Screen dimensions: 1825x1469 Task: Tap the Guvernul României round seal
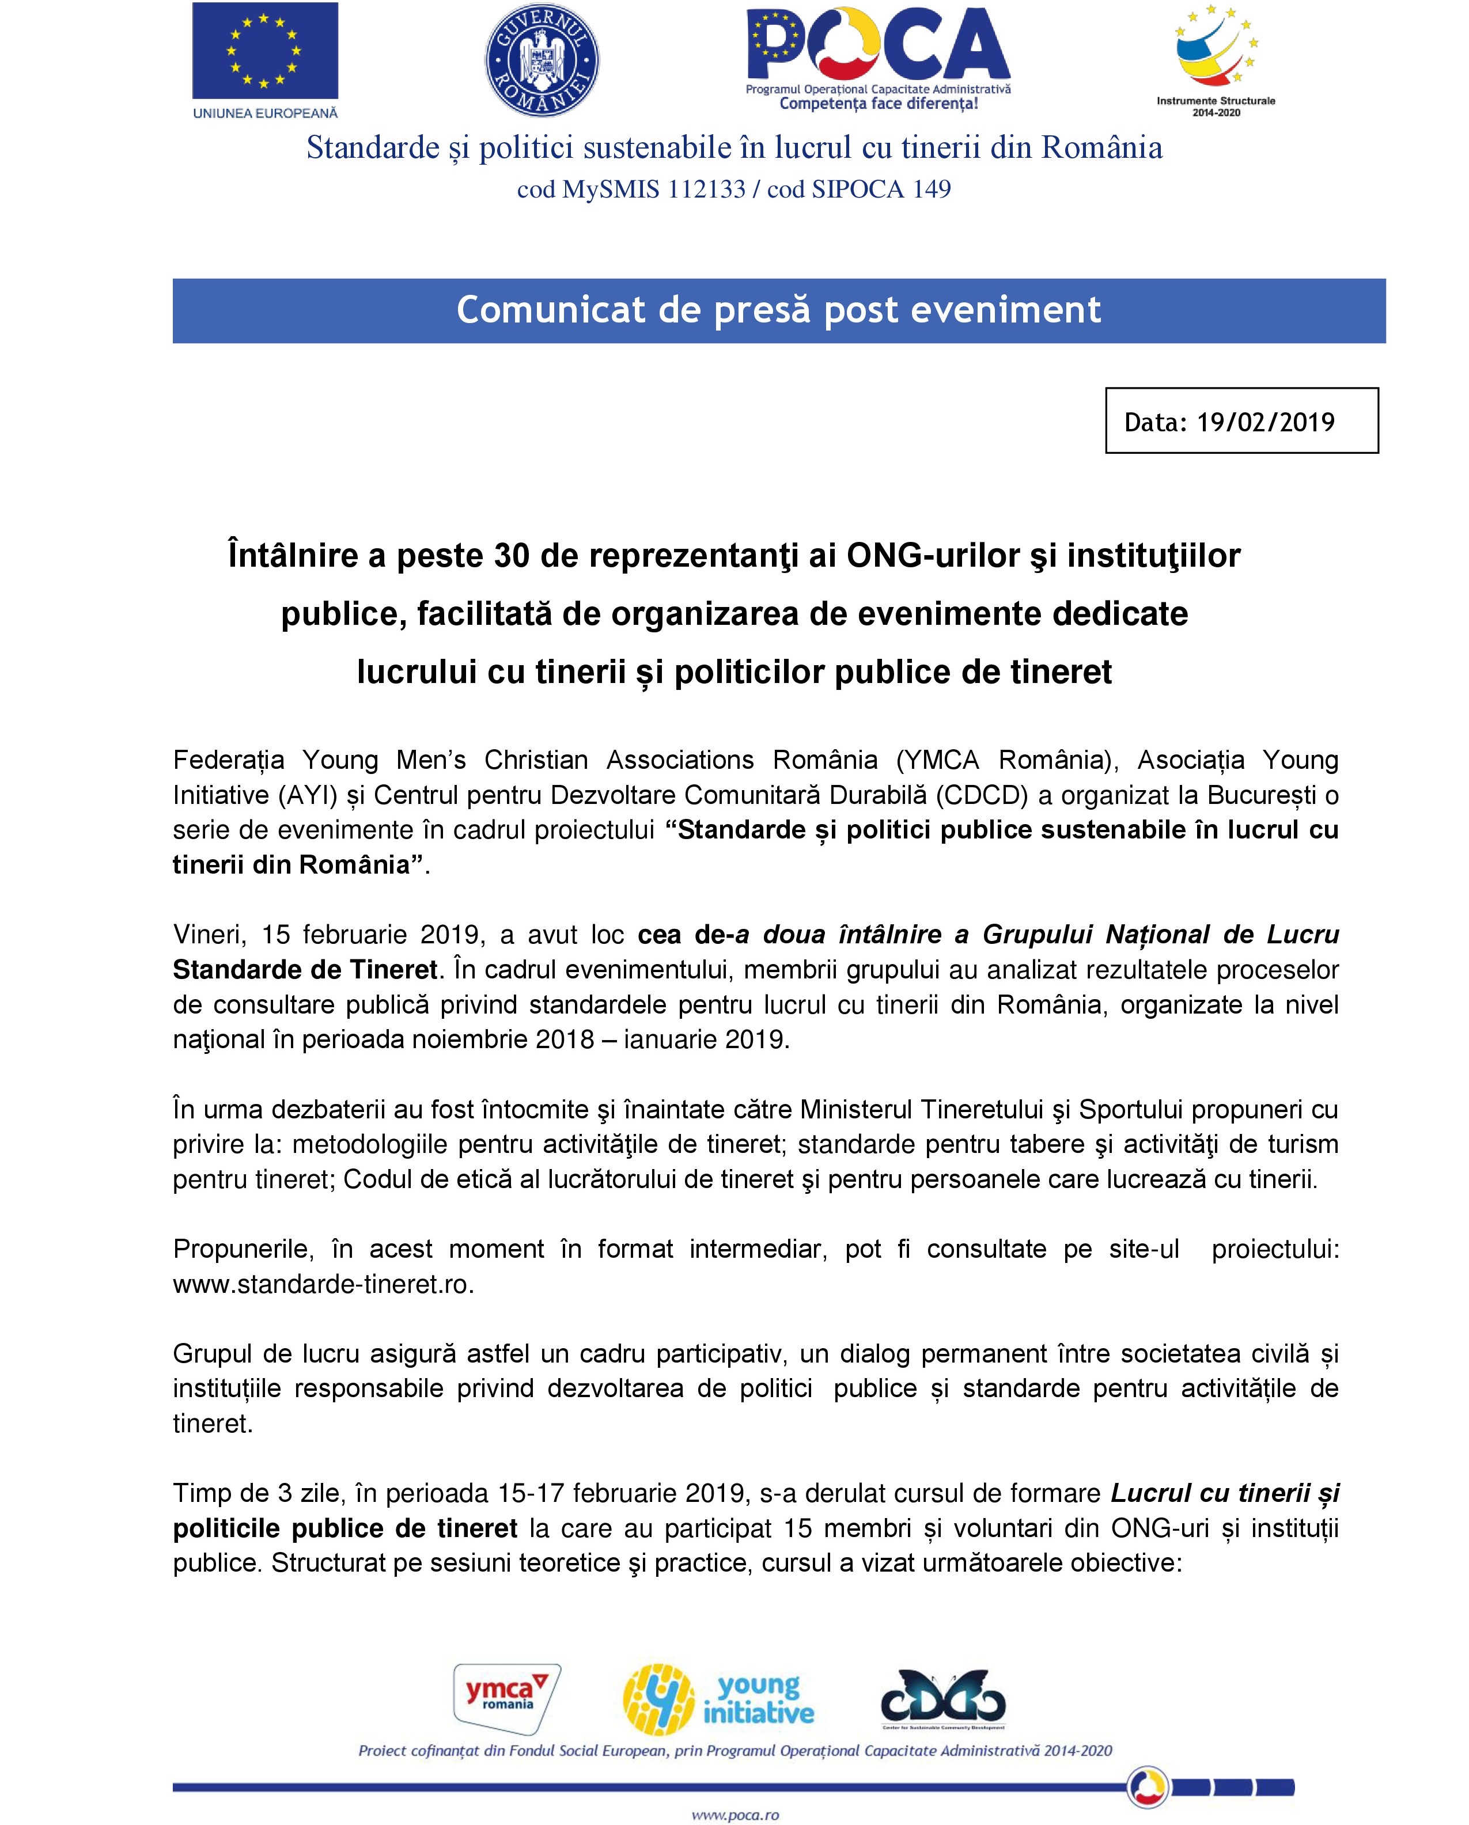point(542,60)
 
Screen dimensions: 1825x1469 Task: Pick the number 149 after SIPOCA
point(932,189)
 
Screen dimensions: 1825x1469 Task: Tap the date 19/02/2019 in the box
point(1265,422)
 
